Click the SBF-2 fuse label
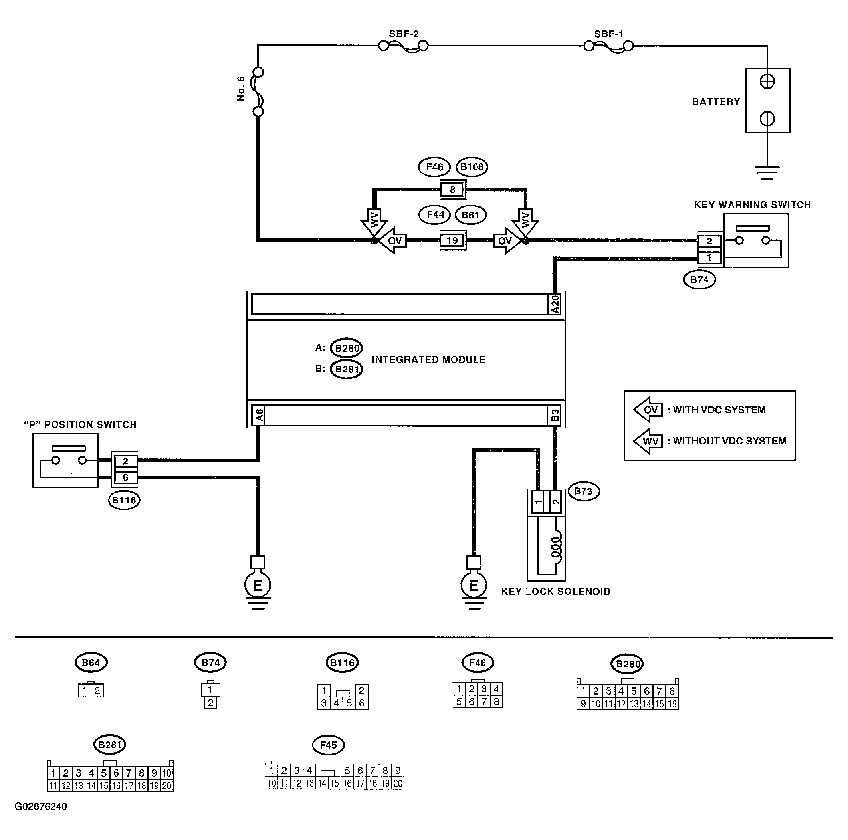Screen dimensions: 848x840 coord(404,34)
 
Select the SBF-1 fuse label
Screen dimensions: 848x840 coord(609,34)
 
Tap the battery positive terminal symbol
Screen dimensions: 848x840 coord(767,81)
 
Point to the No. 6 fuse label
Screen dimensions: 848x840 coord(241,89)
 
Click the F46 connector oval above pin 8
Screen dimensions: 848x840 coord(434,167)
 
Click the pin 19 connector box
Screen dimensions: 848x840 coord(452,240)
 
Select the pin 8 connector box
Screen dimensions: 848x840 coord(452,190)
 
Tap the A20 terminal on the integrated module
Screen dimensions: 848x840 coord(555,304)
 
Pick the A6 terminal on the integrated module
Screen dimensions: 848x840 coord(259,415)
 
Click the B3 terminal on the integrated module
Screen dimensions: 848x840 coord(555,415)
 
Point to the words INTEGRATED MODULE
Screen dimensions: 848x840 coord(428,360)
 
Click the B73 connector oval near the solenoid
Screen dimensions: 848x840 coord(583,491)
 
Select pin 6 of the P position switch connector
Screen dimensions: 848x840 coord(125,477)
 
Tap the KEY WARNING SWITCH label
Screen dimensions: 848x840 coord(752,205)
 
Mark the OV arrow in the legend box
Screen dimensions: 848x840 coord(648,410)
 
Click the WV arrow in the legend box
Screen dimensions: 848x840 coord(648,441)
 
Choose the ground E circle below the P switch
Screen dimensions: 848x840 coord(258,585)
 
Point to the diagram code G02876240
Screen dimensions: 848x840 coord(41,806)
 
